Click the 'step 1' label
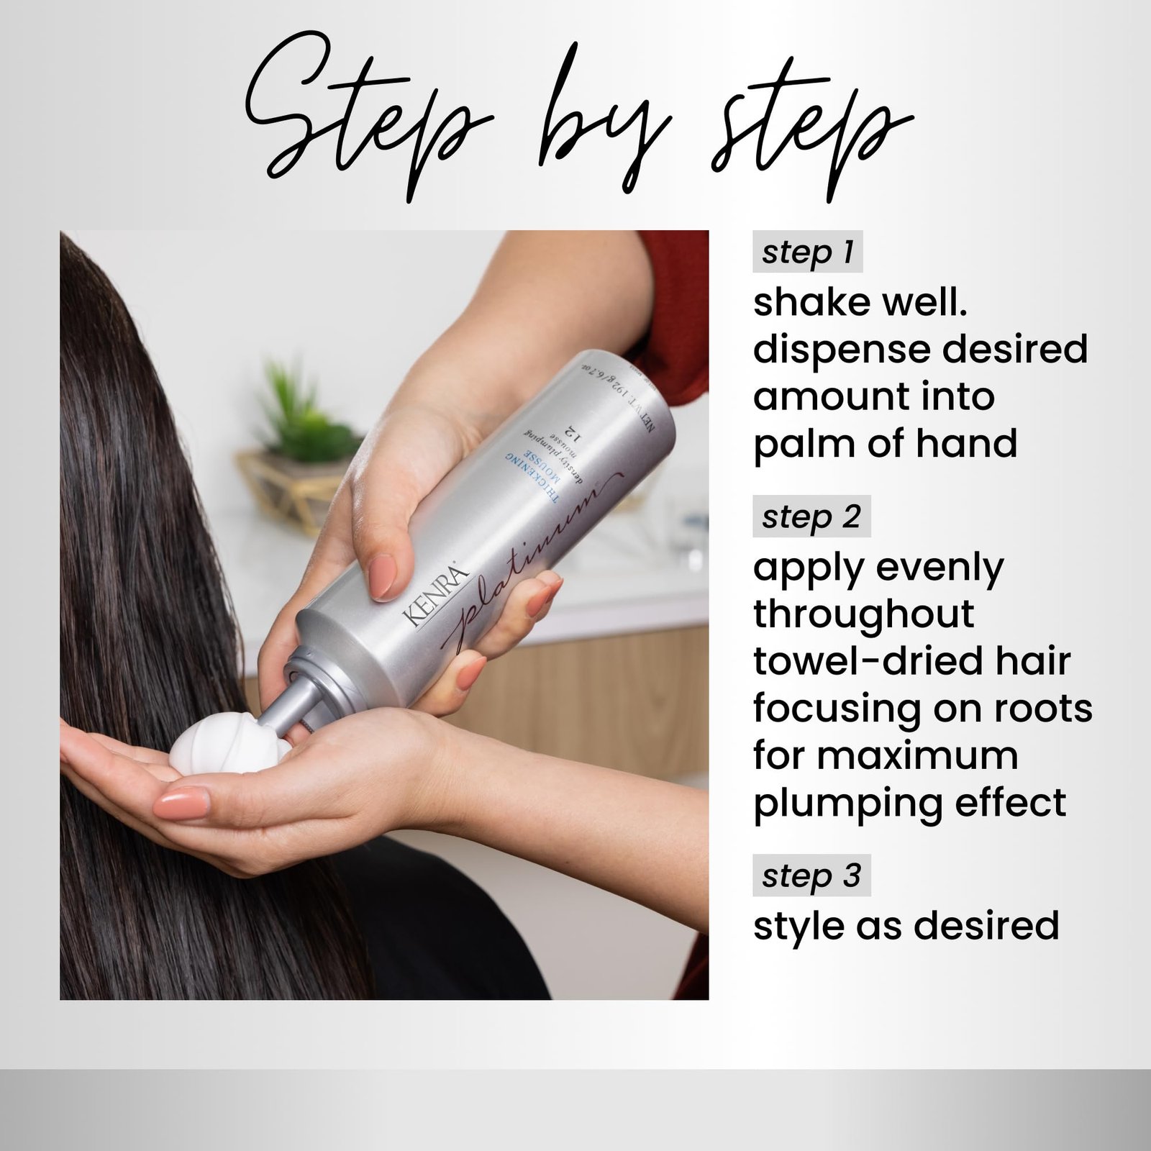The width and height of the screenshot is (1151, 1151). pyautogui.click(x=807, y=253)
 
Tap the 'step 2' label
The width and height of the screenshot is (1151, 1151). pyautogui.click(x=811, y=517)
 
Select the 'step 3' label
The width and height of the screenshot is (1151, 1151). pyautogui.click(x=811, y=875)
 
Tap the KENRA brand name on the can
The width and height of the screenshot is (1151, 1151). pyautogui.click(x=435, y=596)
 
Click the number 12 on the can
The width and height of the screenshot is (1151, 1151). pyautogui.click(x=572, y=432)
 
